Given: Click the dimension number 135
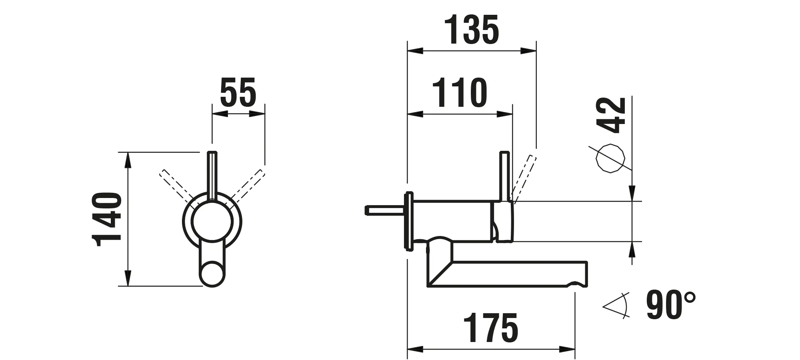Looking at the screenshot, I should [472, 30].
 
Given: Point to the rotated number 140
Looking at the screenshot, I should [106, 219].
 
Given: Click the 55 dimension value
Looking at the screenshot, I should [238, 92].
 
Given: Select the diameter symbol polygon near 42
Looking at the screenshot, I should [610, 158].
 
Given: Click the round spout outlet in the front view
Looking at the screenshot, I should [212, 274].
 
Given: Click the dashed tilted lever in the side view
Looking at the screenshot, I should [525, 178].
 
